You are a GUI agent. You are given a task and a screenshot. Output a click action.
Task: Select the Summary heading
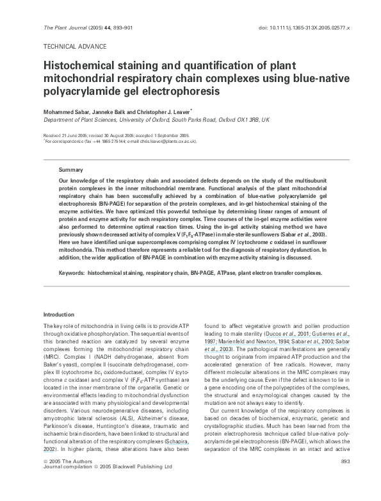[70, 170]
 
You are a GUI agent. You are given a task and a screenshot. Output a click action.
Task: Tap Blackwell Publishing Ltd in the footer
[140, 485]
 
